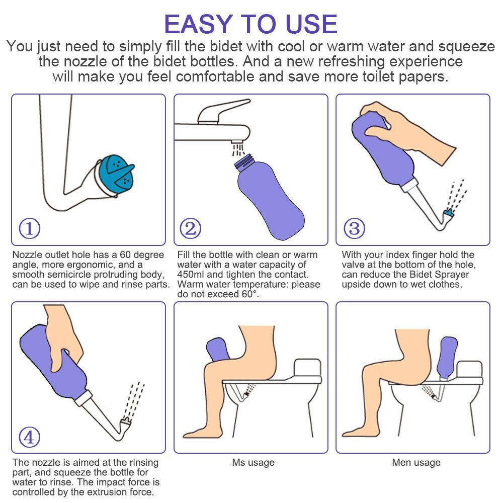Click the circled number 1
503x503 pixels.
(30, 228)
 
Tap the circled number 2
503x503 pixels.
(191, 228)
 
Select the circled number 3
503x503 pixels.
(354, 228)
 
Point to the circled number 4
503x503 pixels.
(30, 437)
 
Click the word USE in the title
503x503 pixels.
(311, 24)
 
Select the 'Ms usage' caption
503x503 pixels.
(254, 462)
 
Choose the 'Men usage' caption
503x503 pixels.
(416, 462)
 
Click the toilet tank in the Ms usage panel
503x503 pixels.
(307, 368)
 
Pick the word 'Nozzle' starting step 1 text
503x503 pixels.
(27, 255)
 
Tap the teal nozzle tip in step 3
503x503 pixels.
(448, 212)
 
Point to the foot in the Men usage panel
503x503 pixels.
(354, 432)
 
